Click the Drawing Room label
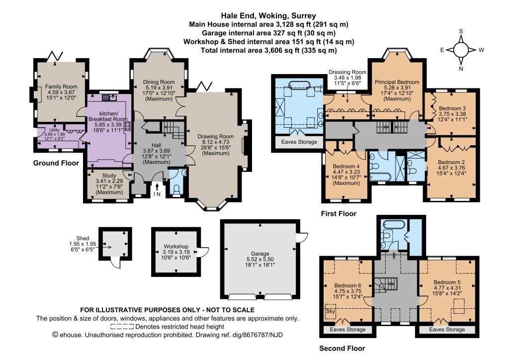[216, 136]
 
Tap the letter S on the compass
[461, 31]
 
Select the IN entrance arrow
[157, 187]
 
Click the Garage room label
[260, 254]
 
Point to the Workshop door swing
[203, 252]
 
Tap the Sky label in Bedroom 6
[330, 311]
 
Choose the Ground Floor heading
[56, 163]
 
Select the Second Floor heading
[342, 348]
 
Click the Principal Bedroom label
[397, 82]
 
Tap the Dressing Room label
[347, 72]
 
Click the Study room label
[109, 176]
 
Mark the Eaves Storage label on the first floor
[299, 142]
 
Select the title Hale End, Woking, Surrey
[268, 15]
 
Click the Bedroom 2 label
[451, 162]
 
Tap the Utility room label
[55, 130]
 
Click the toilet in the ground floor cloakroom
[177, 189]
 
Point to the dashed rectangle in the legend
[122, 327]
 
